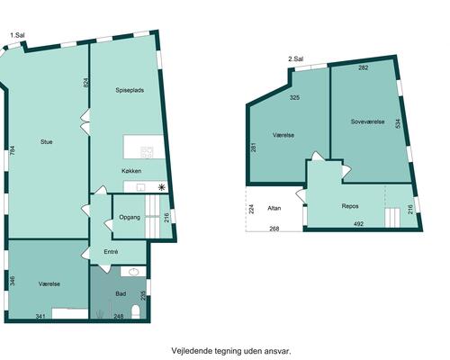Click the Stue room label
(x=47, y=141)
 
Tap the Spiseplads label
(x=130, y=90)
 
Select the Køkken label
(x=131, y=171)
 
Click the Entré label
(x=111, y=252)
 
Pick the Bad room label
(x=121, y=293)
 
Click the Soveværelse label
(x=367, y=121)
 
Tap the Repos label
(x=350, y=206)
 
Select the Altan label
(x=274, y=208)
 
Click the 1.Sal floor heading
(x=17, y=35)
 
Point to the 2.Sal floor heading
(x=296, y=59)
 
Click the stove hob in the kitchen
(x=147, y=152)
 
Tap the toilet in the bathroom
(x=136, y=311)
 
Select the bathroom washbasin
(x=133, y=272)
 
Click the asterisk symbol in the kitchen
(x=162, y=188)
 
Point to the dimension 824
(x=85, y=83)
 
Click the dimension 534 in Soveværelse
(x=398, y=124)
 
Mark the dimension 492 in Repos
(x=359, y=224)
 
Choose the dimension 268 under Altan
(x=274, y=229)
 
